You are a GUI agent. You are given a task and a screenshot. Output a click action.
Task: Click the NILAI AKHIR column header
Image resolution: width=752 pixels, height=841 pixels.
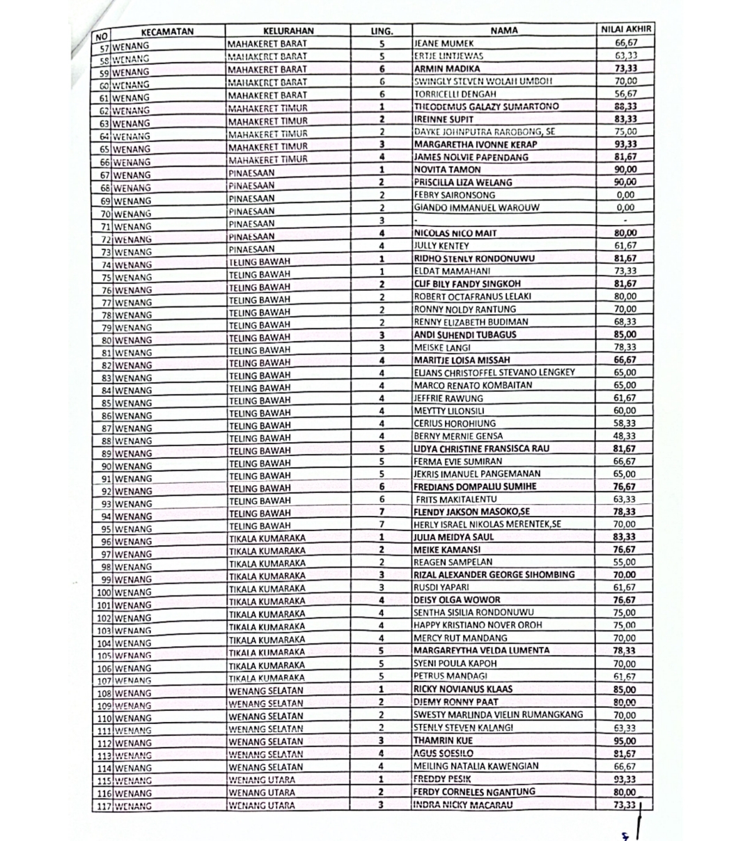pos(626,29)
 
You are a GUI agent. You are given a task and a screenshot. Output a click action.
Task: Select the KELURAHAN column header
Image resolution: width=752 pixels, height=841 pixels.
pos(289,31)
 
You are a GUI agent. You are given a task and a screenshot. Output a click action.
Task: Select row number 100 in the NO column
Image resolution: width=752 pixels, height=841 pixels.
pos(104,592)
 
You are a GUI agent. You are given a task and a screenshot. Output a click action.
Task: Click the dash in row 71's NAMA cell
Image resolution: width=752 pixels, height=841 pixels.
pos(416,221)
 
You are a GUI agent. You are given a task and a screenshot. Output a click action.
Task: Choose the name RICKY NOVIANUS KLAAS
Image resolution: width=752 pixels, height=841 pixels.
pos(463,689)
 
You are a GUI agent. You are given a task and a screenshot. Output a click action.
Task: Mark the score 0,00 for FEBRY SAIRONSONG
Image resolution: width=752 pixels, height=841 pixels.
pos(625,195)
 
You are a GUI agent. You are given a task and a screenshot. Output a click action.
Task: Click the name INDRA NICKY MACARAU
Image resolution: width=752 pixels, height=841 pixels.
pos(462,805)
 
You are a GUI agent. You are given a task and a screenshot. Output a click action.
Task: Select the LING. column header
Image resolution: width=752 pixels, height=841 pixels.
pos(382,31)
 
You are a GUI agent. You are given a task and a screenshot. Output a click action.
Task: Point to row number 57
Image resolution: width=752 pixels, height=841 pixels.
pos(104,47)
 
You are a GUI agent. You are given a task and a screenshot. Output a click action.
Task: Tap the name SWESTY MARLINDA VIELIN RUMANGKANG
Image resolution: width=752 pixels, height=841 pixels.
pos(498,715)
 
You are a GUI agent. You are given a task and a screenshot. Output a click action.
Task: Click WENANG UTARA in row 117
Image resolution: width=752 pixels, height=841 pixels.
pos(262,805)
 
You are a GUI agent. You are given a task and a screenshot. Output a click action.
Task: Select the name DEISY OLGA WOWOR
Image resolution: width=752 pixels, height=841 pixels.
pos(456,600)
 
